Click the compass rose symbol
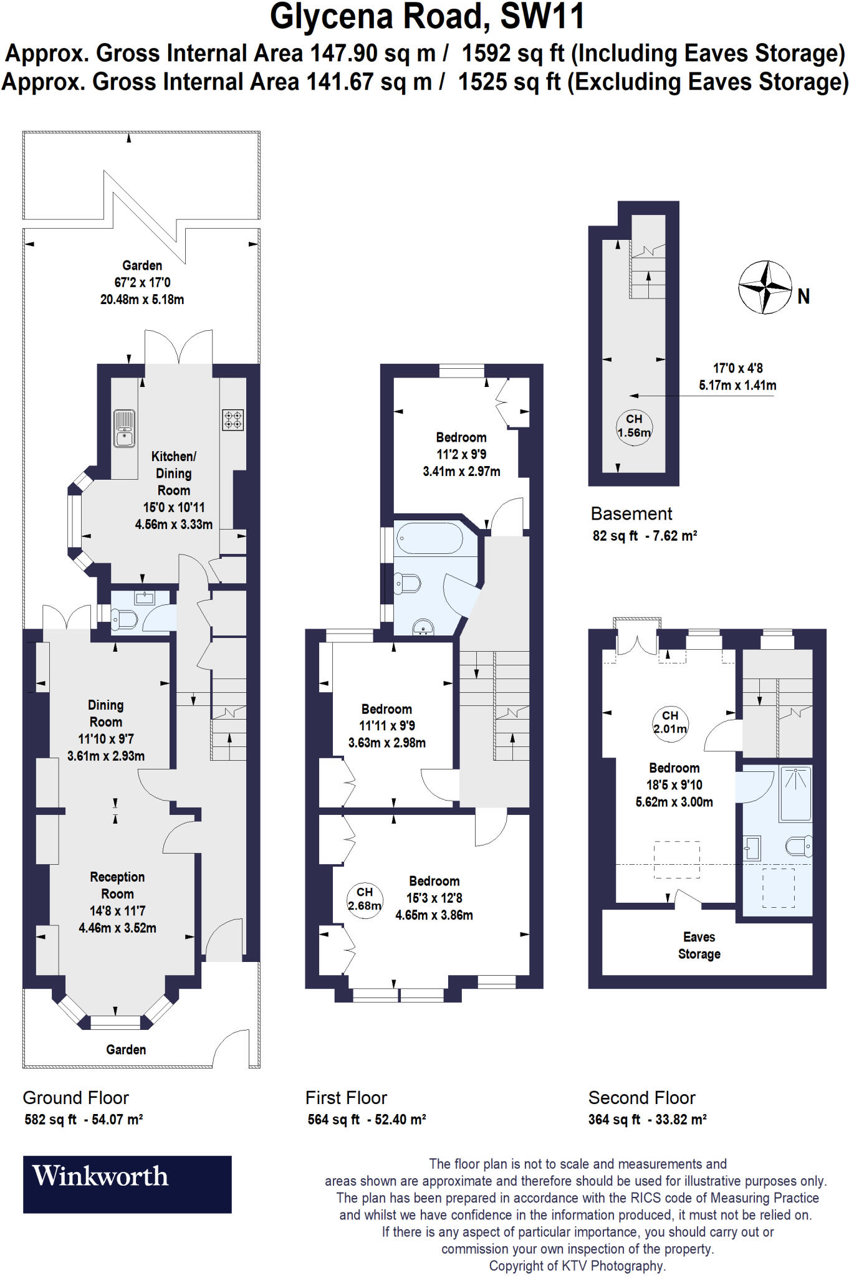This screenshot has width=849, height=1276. (x=765, y=287)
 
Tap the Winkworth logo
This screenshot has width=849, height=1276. (x=127, y=1184)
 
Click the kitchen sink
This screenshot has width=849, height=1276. (x=125, y=428)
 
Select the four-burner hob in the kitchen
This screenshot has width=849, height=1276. (x=233, y=419)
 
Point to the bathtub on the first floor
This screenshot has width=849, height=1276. (x=429, y=538)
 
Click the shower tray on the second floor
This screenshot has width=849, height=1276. (x=796, y=794)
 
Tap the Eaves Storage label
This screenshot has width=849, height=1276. (x=699, y=945)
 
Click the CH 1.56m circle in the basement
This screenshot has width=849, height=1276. (x=634, y=426)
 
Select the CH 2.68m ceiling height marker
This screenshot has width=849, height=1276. (x=365, y=898)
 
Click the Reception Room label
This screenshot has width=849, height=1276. (x=117, y=885)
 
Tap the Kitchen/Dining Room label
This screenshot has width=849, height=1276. (x=173, y=473)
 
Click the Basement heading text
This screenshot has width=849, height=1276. (x=631, y=514)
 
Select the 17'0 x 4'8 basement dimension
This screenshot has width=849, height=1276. (x=737, y=368)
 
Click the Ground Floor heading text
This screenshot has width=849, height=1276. (x=75, y=1098)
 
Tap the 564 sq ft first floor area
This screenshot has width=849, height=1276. (x=333, y=1120)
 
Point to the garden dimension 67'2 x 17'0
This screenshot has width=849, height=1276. (x=142, y=282)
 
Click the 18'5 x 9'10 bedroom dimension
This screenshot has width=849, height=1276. (x=674, y=785)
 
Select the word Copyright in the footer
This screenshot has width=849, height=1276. (x=516, y=1266)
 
